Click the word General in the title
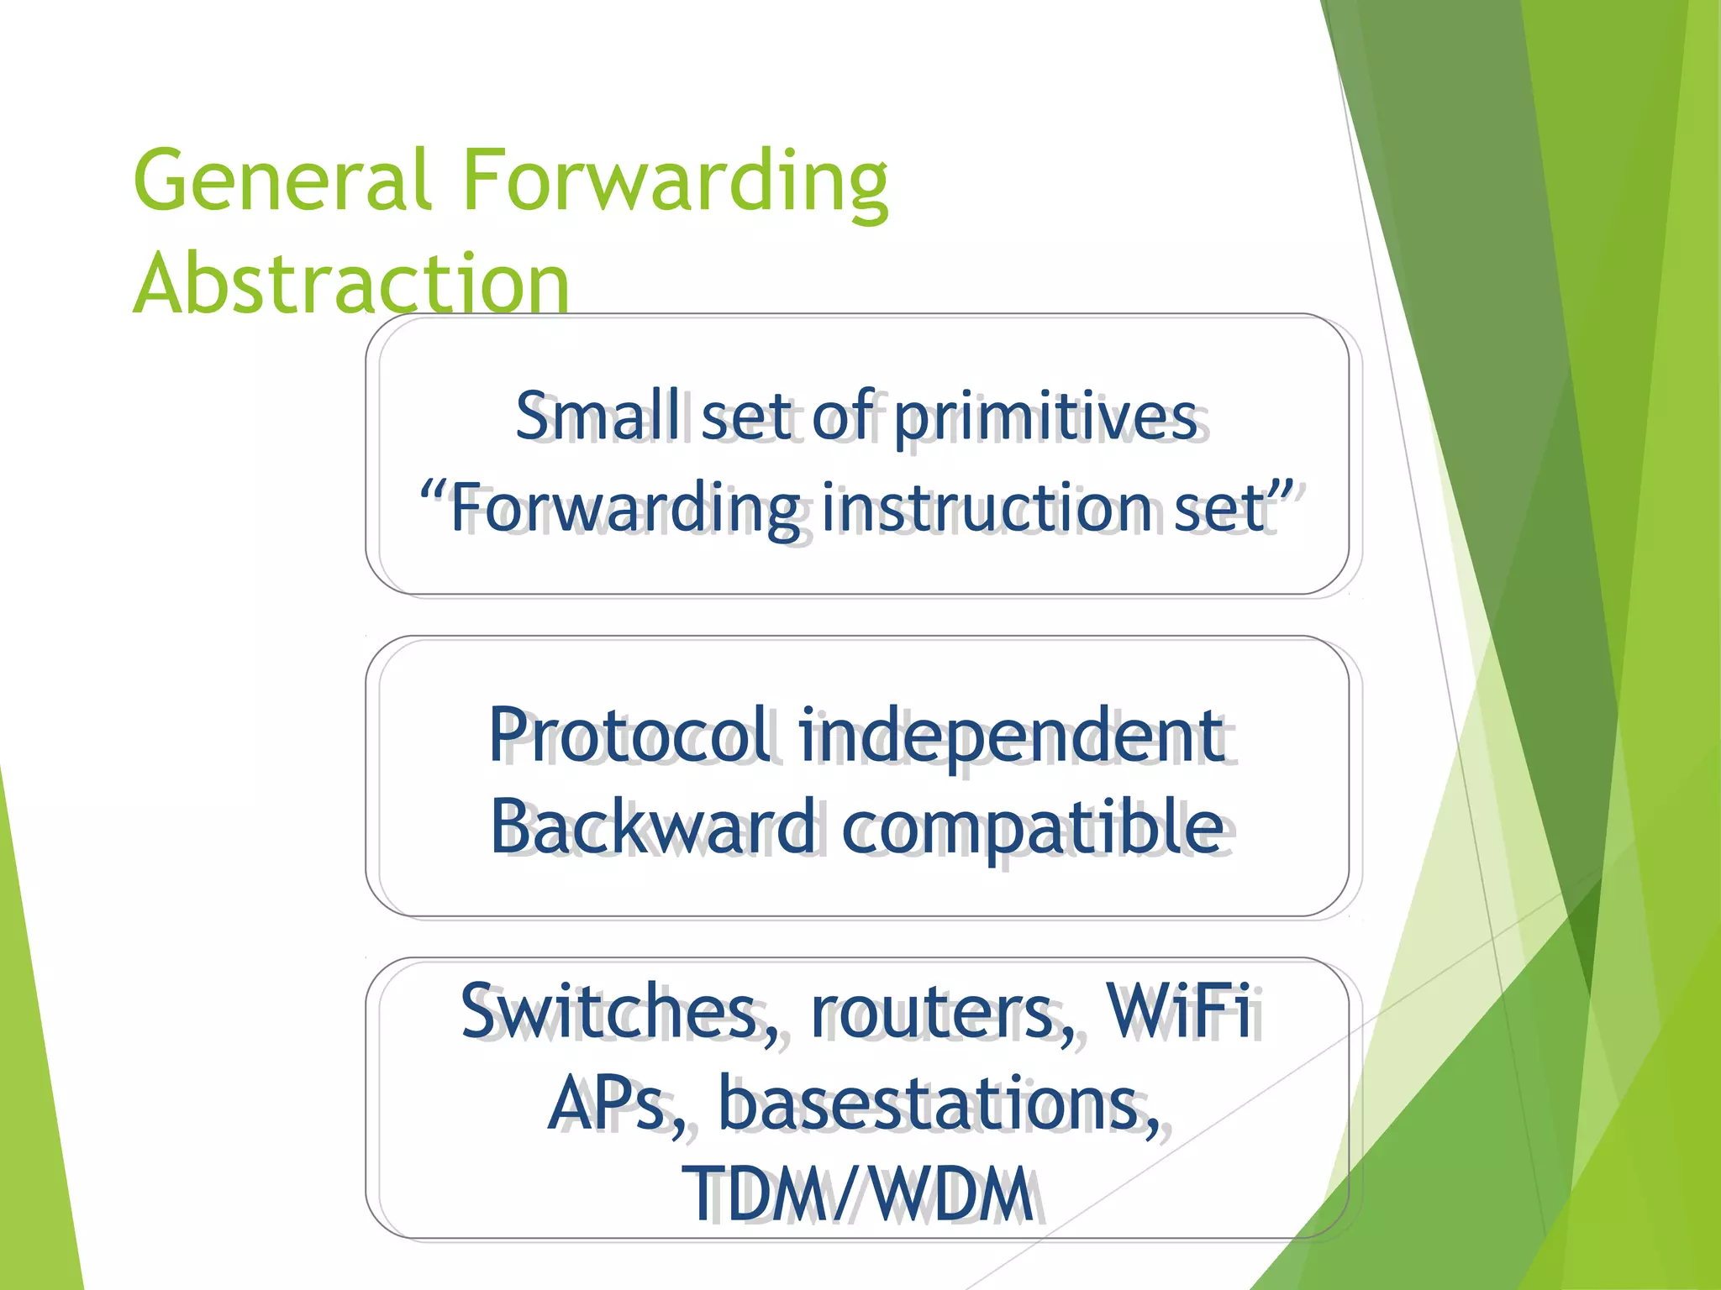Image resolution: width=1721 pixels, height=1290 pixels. (282, 181)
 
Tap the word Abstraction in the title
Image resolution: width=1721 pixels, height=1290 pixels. (351, 284)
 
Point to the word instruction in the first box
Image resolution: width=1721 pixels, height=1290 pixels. (987, 507)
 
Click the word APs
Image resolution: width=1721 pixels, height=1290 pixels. (608, 1104)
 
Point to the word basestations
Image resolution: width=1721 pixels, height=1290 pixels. (933, 1104)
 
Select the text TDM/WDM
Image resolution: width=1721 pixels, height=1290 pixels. (857, 1194)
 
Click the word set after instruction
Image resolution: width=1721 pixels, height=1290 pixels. (1219, 507)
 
